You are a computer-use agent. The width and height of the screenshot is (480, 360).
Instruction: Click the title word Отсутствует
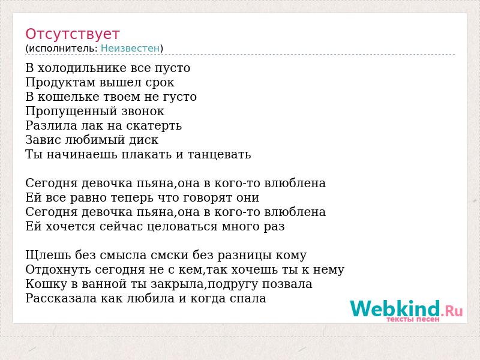(72, 34)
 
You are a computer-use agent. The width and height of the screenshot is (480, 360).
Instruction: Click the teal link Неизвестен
(130, 49)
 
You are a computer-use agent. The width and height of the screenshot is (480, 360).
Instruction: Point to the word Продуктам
(61, 83)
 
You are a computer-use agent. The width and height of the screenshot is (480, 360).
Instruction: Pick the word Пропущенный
(71, 112)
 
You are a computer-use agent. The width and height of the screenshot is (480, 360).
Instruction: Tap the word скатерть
(154, 126)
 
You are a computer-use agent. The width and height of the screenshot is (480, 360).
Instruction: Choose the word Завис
(41, 140)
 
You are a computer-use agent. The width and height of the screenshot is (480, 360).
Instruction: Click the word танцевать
(219, 155)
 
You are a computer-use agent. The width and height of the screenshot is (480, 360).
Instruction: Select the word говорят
(202, 198)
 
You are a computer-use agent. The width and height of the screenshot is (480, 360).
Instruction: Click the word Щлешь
(49, 256)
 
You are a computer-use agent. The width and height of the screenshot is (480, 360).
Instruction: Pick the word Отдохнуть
(58, 270)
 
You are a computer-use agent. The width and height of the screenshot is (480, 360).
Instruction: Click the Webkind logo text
(395, 308)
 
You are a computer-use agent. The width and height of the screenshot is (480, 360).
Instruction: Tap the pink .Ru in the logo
(452, 311)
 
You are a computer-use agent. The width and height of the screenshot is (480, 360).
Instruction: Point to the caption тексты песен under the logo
(413, 319)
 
